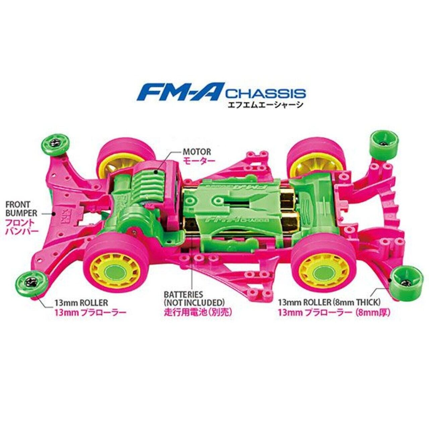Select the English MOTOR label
tap(197, 152)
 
